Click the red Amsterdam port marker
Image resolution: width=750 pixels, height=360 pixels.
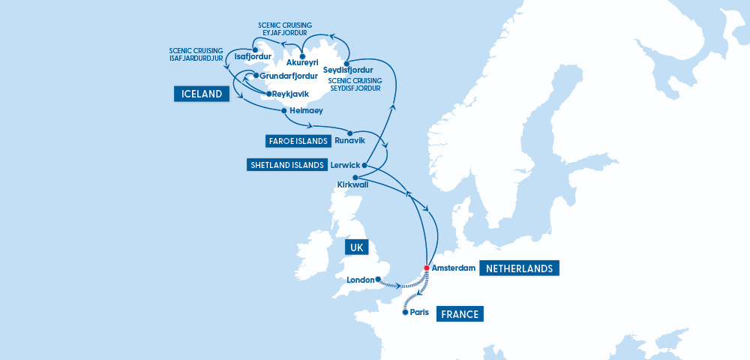point(426,268)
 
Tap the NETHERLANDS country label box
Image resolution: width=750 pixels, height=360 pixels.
point(520,268)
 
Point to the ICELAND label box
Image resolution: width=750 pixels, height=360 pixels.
point(201,94)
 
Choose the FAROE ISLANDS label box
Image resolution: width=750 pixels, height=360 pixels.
point(298,141)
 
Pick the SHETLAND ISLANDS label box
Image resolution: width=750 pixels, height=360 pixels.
point(286,165)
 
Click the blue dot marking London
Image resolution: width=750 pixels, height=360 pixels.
point(378,280)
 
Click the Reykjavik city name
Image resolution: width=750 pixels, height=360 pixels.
point(291,94)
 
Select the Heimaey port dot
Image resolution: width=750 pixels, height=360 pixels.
point(283,111)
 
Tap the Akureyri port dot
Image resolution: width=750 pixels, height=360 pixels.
point(301,55)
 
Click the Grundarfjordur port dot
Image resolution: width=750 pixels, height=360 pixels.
point(256,76)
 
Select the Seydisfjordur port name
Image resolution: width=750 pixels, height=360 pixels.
point(348,70)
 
